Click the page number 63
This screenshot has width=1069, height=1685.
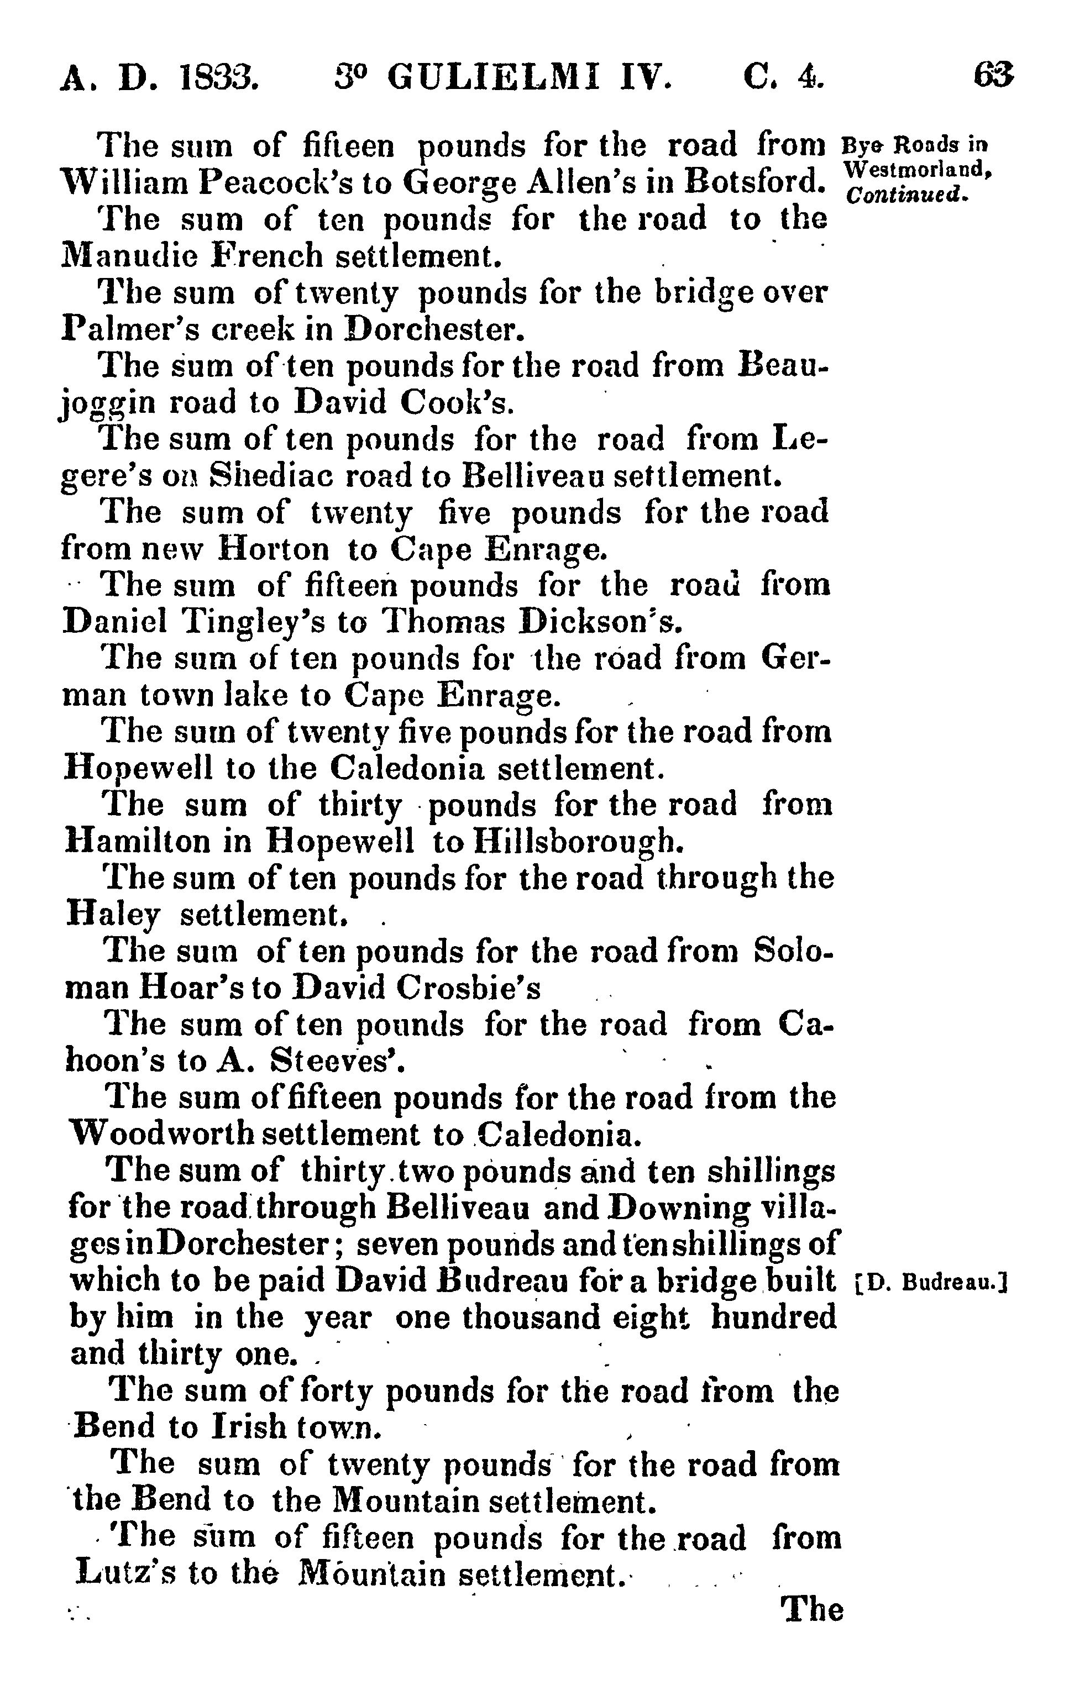point(993,76)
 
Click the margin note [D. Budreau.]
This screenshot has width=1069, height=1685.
point(931,1283)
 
